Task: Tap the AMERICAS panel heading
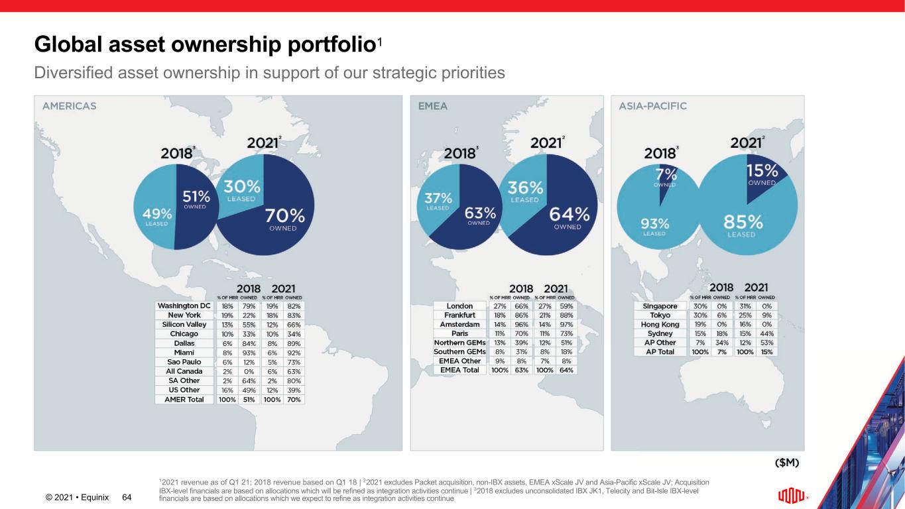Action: (x=70, y=106)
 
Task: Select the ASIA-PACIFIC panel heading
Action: (x=652, y=106)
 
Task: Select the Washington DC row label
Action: (x=184, y=306)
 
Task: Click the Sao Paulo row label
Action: (x=184, y=362)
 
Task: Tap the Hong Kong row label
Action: (x=660, y=325)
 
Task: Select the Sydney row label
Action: (x=660, y=334)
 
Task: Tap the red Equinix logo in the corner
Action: (x=792, y=496)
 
